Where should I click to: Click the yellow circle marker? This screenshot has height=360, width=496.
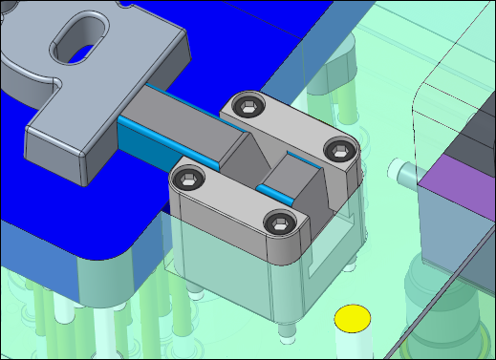353,319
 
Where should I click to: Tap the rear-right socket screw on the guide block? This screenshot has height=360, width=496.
340,148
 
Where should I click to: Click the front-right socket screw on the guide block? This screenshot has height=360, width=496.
280,223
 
